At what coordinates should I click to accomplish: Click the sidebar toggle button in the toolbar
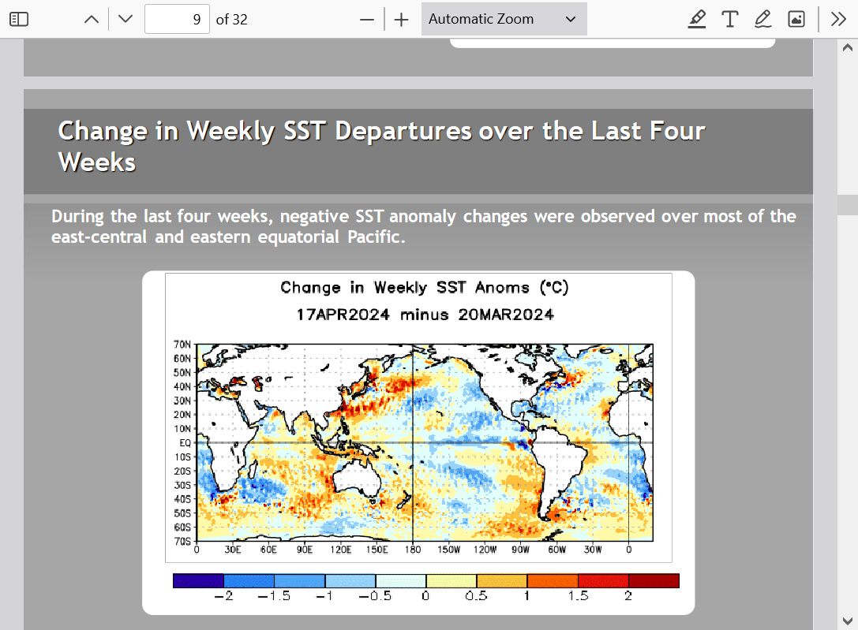click(x=19, y=19)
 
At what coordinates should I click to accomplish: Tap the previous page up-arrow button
click(x=92, y=19)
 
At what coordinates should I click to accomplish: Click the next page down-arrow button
click(x=126, y=19)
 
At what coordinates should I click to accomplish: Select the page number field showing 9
click(x=177, y=19)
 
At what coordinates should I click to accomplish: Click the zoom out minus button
click(x=367, y=20)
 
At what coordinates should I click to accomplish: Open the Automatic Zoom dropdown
click(x=504, y=19)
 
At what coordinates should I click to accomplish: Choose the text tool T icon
click(x=730, y=19)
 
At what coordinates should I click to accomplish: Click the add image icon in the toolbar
click(x=796, y=19)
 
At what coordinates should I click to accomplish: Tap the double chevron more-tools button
click(x=838, y=19)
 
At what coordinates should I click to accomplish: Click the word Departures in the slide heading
click(x=403, y=131)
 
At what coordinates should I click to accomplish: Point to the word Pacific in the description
click(x=377, y=237)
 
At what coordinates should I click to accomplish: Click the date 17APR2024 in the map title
click(x=343, y=315)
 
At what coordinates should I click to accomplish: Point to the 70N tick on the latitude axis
click(x=182, y=345)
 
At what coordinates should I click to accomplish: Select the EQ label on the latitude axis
click(x=185, y=442)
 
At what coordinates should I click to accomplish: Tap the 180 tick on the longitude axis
click(x=413, y=549)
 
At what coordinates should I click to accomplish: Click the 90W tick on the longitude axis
click(x=520, y=549)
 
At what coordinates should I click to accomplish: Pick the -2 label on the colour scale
click(x=223, y=595)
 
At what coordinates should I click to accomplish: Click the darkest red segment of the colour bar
click(x=654, y=580)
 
